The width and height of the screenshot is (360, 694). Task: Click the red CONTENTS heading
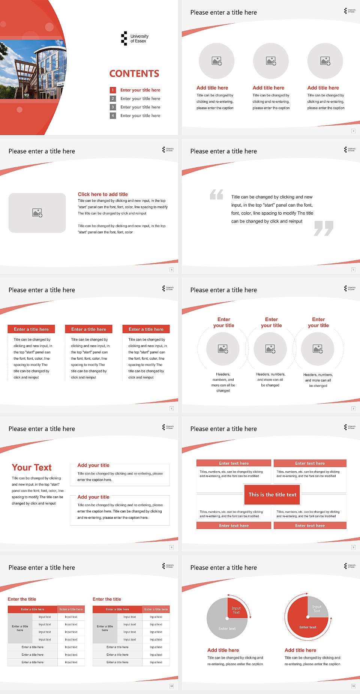(134, 74)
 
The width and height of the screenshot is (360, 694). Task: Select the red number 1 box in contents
(112, 90)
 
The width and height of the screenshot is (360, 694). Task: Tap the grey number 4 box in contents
(112, 116)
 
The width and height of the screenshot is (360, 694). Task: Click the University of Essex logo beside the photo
(135, 39)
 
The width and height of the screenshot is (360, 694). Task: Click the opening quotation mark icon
(216, 194)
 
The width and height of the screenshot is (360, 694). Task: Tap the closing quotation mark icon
(324, 228)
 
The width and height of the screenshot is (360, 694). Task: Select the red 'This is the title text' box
(272, 494)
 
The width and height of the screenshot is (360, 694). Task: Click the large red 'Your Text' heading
(31, 467)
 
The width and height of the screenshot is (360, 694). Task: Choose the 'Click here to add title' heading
(103, 194)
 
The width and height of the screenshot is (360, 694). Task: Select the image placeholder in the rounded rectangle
(37, 213)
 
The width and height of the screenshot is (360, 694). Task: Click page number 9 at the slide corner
(353, 547)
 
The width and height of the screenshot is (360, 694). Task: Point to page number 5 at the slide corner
(353, 270)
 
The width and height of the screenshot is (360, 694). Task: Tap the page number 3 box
(353, 131)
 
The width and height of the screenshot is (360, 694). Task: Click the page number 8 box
(172, 547)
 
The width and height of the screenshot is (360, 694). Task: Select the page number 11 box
(353, 686)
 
